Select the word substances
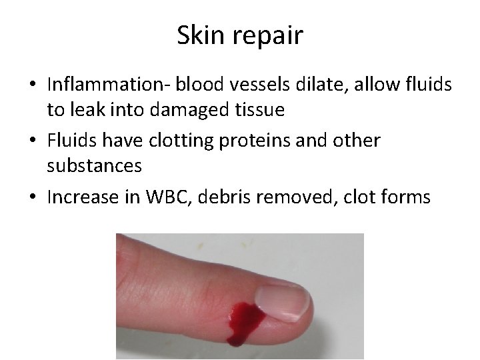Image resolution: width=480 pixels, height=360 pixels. [94, 166]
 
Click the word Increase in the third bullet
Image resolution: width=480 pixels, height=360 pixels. [80, 197]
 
